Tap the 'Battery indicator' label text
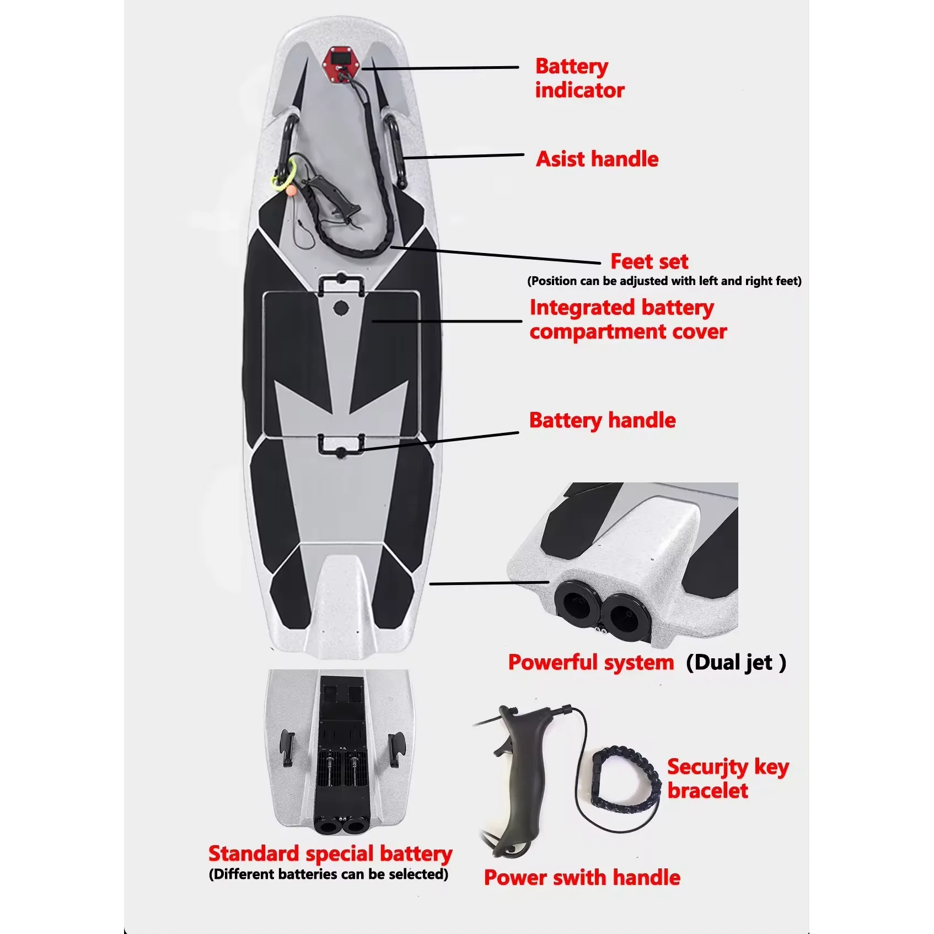pyautogui.click(x=579, y=78)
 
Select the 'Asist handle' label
pyautogui.click(x=597, y=159)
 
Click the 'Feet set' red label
pyautogui.click(x=649, y=261)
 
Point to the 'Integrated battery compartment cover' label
pyautogui.click(x=627, y=320)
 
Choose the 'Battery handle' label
pyautogui.click(x=602, y=421)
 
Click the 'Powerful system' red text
pyautogui.click(x=591, y=663)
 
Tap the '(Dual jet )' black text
pyautogui.click(x=736, y=663)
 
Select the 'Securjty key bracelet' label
pyautogui.click(x=727, y=779)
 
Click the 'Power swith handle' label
pyautogui.click(x=582, y=878)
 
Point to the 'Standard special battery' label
pyautogui.click(x=330, y=854)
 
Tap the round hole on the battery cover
pyautogui.click(x=341, y=308)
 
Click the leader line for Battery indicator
pyautogui.click(x=441, y=68)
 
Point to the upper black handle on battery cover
pyautogui.click(x=341, y=284)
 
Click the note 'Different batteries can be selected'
pyautogui.click(x=329, y=874)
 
